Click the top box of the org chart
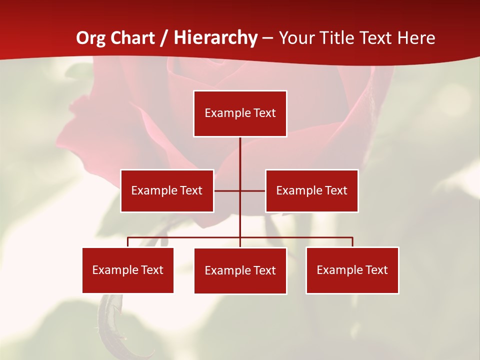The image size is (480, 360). pyautogui.click(x=240, y=113)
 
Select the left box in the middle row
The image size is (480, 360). pyautogui.click(x=167, y=190)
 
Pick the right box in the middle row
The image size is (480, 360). pyautogui.click(x=311, y=190)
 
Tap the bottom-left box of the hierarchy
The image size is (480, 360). pyautogui.click(x=128, y=270)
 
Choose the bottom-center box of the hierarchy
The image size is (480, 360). pyautogui.click(x=240, y=270)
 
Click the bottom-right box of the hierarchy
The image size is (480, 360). pyautogui.click(x=352, y=270)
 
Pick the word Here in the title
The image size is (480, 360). pyautogui.click(x=416, y=38)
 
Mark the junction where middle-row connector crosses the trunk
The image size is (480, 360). pyautogui.click(x=240, y=190)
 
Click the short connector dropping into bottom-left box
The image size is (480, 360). pyautogui.click(x=128, y=242)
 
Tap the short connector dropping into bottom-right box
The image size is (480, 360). pyautogui.click(x=352, y=242)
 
